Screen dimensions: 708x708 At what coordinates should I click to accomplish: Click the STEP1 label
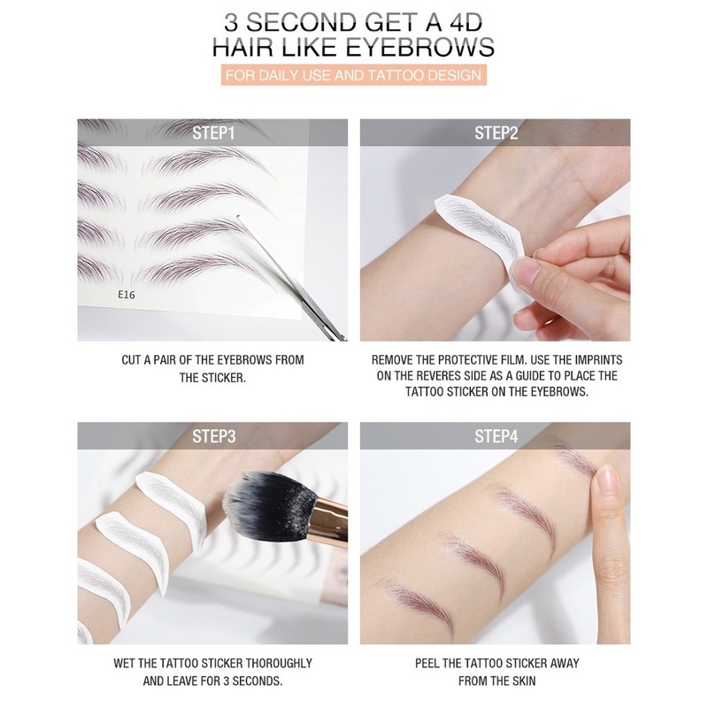point(213,134)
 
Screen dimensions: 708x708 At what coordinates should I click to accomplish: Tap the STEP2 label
point(496,134)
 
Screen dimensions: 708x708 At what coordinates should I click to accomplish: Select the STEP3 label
point(213,436)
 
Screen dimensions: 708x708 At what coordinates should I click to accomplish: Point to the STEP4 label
point(496,436)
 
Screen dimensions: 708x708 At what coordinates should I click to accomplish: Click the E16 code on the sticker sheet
point(127,295)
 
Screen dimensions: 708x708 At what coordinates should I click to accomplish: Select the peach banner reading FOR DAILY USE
point(353,75)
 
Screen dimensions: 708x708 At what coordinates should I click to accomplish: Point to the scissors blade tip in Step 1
point(239,218)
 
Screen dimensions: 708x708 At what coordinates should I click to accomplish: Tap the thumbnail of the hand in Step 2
point(526,269)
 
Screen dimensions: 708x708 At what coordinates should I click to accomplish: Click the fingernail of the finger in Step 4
point(606,481)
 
